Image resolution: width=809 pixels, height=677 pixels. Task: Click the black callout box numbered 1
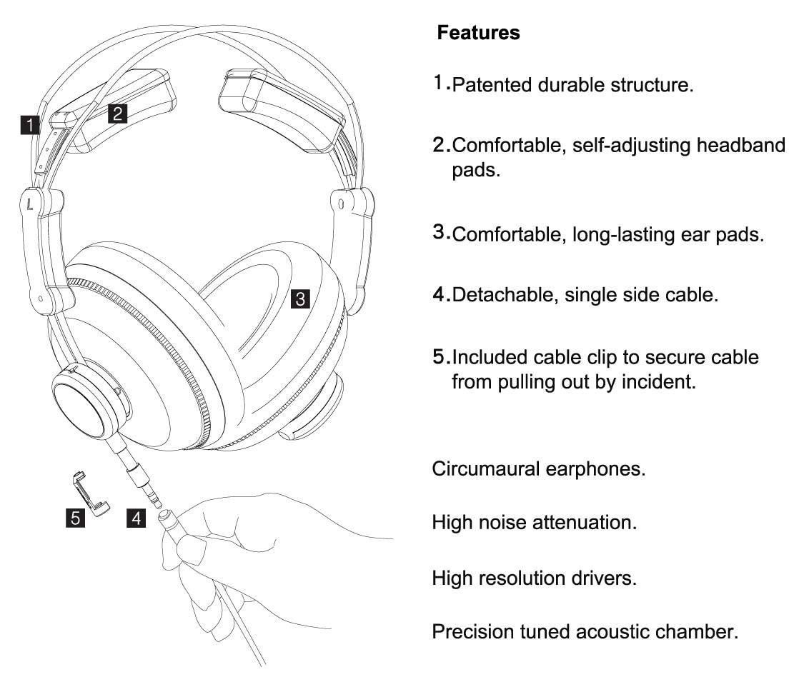coord(29,126)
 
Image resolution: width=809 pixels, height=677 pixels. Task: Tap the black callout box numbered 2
coord(117,113)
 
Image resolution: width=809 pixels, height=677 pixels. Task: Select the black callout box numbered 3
coord(301,298)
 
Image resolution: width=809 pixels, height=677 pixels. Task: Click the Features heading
coord(478,33)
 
